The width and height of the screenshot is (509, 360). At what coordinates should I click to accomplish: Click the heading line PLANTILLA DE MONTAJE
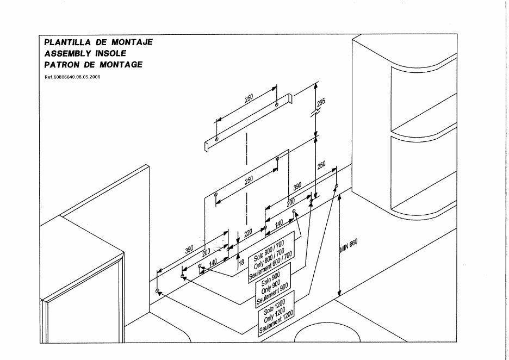98,42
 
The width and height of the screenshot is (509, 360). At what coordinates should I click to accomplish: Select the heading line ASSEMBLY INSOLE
86,53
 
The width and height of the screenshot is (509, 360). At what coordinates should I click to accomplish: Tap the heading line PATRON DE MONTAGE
94,65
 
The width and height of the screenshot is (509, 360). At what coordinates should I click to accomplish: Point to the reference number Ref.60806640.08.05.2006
72,77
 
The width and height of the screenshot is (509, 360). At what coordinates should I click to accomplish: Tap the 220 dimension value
249,234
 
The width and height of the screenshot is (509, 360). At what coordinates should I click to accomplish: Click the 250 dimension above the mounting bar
249,99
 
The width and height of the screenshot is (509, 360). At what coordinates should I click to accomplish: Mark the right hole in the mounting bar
277,103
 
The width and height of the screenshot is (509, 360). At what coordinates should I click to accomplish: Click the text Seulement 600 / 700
271,265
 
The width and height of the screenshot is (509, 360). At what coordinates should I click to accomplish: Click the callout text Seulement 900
273,294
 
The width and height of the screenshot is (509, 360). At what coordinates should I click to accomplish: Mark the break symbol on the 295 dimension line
316,113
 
